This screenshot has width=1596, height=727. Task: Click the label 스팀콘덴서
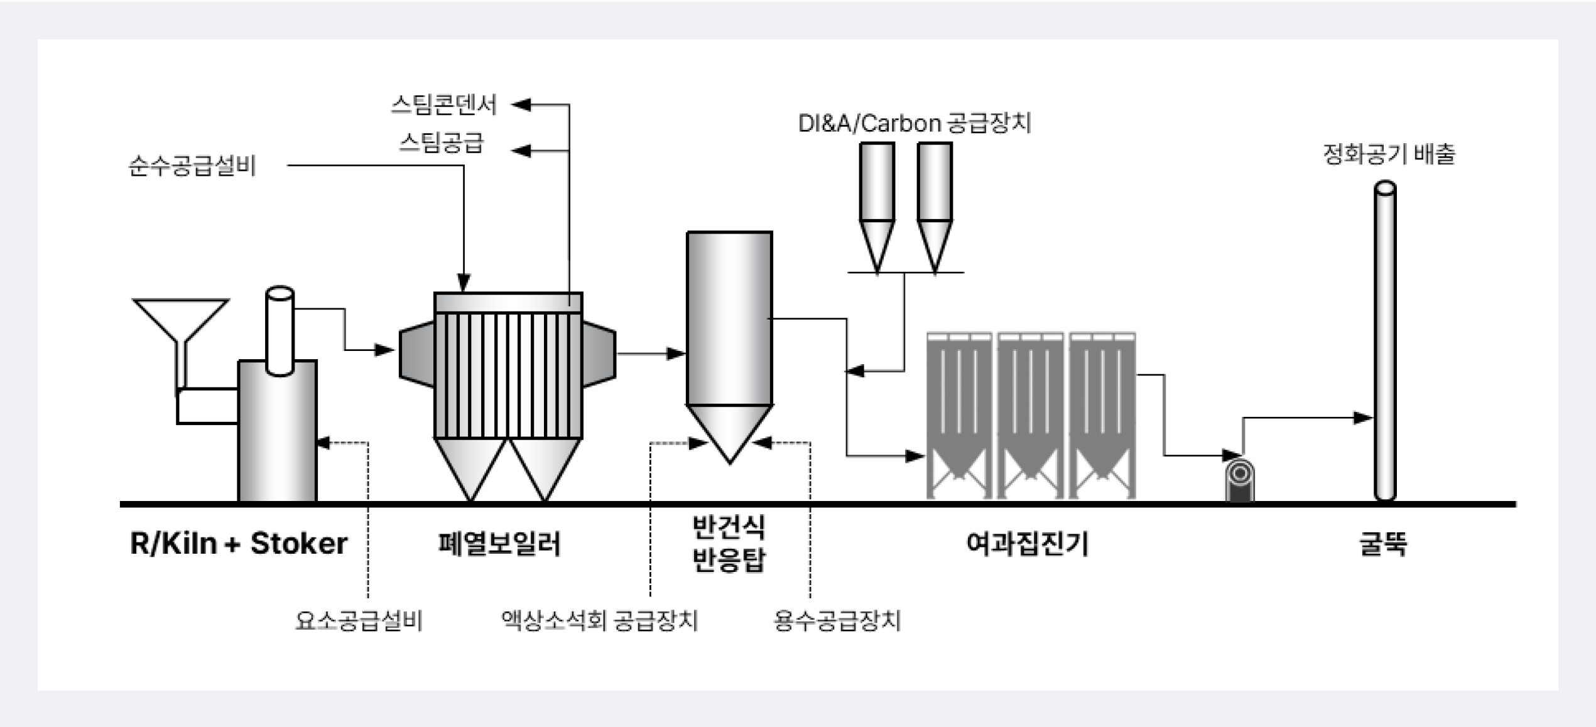click(x=443, y=105)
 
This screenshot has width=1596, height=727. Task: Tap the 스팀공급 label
click(x=442, y=143)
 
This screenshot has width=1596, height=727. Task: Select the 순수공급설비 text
click(x=192, y=166)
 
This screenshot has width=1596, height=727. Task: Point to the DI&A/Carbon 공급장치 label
click(x=915, y=123)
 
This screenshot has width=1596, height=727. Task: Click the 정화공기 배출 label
click(x=1389, y=154)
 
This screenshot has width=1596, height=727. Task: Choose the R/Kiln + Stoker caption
click(x=238, y=544)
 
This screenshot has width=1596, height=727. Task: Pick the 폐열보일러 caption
click(x=499, y=544)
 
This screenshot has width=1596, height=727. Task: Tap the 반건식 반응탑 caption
click(x=729, y=544)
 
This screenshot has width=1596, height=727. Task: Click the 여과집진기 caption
click(x=1028, y=544)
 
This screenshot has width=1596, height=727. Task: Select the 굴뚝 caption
click(x=1383, y=544)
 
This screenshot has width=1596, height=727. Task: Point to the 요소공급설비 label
click(x=359, y=621)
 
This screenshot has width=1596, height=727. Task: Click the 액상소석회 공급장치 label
click(x=599, y=621)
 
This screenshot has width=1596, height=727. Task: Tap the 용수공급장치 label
click(x=837, y=621)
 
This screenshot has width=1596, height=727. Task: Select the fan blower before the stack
click(x=1240, y=480)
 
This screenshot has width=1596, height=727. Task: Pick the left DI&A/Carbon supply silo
click(x=877, y=201)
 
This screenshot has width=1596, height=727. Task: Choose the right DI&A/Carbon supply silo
click(x=935, y=201)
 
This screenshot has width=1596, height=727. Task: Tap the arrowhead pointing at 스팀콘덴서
click(x=521, y=105)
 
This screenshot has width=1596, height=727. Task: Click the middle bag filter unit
click(x=1031, y=414)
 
